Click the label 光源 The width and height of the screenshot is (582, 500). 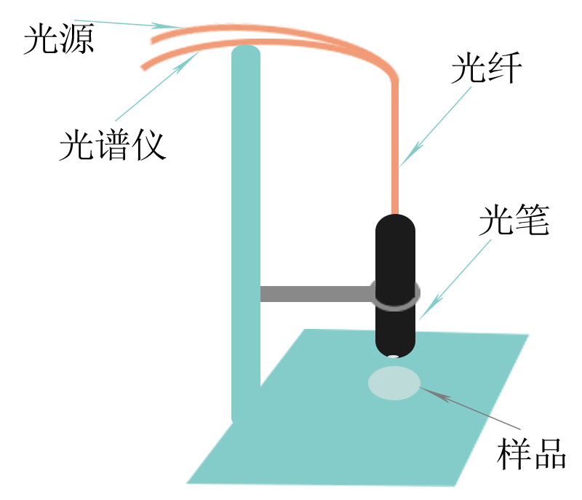59,39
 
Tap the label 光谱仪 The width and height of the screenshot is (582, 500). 113,145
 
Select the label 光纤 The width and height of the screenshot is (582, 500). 487,68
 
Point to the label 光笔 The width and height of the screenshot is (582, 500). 514,220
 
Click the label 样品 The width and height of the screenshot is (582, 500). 531,453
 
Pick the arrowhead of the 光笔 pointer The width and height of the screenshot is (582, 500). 431,307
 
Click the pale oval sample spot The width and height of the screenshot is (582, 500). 394,383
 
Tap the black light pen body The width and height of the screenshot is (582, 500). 395,286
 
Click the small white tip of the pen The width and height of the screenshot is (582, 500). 393,357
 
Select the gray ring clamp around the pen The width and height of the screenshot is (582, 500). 395,295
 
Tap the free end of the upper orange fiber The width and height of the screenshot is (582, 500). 152,41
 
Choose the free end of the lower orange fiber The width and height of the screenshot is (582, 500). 143,67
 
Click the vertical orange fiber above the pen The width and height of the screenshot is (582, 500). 395,148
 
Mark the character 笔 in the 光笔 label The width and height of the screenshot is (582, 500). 533,220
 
